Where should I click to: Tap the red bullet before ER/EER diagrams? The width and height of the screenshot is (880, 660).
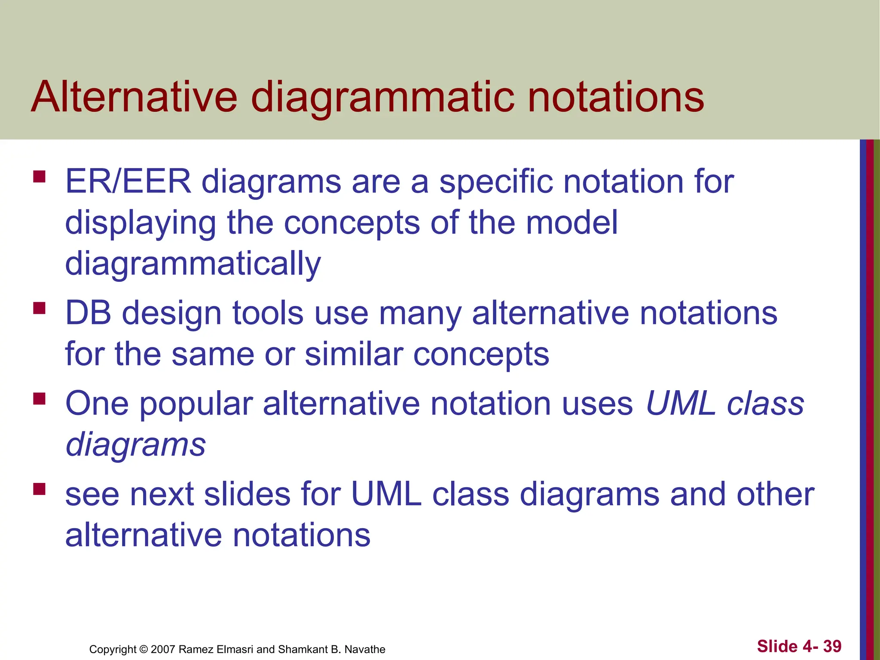(39, 177)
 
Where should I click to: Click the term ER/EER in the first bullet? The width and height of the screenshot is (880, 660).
(128, 181)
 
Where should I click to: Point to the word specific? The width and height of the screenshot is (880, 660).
(496, 181)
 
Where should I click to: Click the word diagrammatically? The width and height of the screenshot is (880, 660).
(193, 263)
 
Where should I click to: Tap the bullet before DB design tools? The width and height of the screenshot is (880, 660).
(39, 308)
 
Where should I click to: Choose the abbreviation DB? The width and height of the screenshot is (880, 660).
(88, 313)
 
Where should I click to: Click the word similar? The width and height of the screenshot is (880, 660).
(353, 354)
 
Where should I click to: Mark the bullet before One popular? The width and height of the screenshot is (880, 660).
(39, 399)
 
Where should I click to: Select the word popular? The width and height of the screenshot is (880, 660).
(196, 404)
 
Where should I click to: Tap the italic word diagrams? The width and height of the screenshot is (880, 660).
(136, 444)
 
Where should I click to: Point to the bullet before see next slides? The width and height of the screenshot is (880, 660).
(39, 489)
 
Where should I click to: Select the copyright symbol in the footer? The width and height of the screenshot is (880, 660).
(144, 649)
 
